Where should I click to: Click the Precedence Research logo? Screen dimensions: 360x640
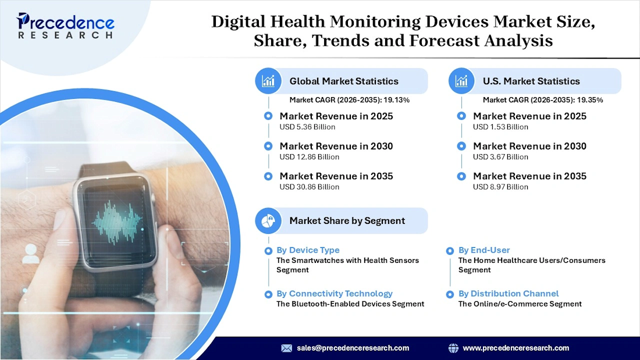pyautogui.click(x=66, y=27)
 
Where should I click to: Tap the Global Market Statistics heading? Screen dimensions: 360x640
pyautogui.click(x=344, y=81)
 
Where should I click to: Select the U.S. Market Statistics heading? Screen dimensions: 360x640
pyautogui.click(x=531, y=81)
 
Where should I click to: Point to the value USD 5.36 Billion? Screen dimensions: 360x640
pyautogui.click(x=307, y=127)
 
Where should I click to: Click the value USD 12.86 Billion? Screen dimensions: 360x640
pyautogui.click(x=309, y=157)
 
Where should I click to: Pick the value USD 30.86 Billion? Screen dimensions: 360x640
pyautogui.click(x=309, y=187)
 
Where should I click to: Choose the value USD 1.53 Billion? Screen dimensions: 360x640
pyautogui.click(x=500, y=127)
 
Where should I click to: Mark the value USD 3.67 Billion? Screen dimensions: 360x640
pyautogui.click(x=500, y=157)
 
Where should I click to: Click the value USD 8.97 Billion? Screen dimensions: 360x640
pyautogui.click(x=500, y=187)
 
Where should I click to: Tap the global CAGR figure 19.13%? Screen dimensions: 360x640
pyautogui.click(x=396, y=100)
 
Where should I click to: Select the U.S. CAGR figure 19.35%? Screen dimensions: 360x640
pyautogui.click(x=589, y=100)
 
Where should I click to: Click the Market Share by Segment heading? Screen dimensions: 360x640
pyautogui.click(x=347, y=221)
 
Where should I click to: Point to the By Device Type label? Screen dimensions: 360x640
pyautogui.click(x=308, y=250)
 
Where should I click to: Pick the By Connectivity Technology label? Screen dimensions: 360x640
pyautogui.click(x=335, y=294)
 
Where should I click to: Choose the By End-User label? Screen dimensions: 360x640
pyautogui.click(x=485, y=250)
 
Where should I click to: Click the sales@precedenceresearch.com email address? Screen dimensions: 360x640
pyautogui.click(x=353, y=348)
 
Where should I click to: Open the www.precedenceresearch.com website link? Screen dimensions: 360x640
pyautogui.click(x=515, y=348)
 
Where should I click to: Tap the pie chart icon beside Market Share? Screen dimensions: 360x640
pyautogui.click(x=268, y=221)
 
